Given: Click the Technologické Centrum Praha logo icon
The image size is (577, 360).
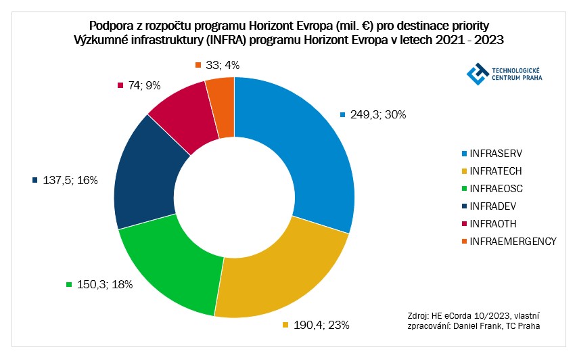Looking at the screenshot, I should pyautogui.click(x=478, y=74).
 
